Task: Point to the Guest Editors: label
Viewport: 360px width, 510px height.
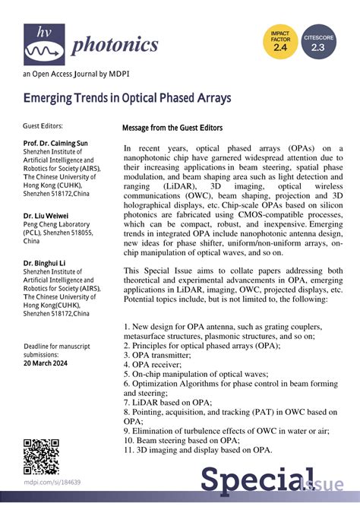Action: tap(43, 125)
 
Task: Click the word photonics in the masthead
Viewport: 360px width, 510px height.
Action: tap(115, 45)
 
